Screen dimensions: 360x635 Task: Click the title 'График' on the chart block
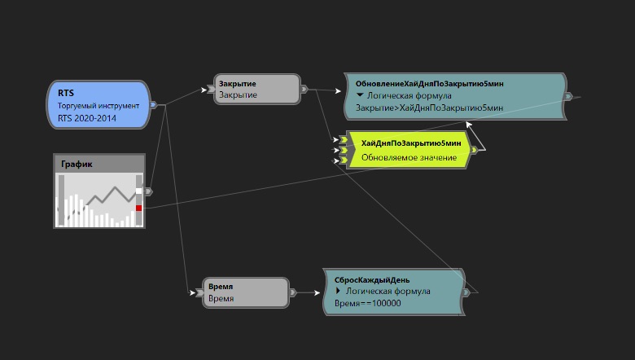77,164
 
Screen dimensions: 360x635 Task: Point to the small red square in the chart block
139,209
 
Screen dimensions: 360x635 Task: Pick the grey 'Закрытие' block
257,89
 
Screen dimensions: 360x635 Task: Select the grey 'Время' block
246,292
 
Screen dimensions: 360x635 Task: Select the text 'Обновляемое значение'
409,156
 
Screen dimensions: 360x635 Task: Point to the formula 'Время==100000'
368,303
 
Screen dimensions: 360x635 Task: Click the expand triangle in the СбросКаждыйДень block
339,291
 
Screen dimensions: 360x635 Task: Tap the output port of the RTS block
153,104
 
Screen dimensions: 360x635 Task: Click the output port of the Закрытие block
304,89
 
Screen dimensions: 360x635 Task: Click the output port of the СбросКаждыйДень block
466,292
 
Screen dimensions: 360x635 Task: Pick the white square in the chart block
139,191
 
